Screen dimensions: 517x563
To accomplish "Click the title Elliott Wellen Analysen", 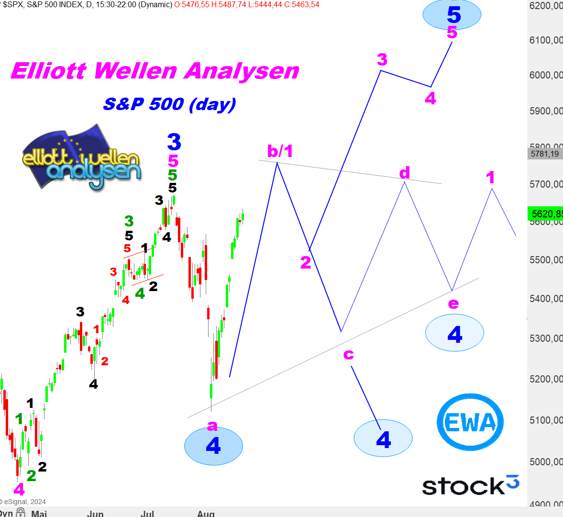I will coord(155,71).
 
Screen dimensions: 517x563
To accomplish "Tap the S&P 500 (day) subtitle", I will coord(170,104).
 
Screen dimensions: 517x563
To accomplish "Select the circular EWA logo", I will coord(470,422).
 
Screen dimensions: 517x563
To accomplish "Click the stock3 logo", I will coord(470,485).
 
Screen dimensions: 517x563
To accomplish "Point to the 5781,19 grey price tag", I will coord(545,154).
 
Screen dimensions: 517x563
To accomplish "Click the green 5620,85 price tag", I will coord(545,214).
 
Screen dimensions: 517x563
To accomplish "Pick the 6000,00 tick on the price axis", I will coord(545,75).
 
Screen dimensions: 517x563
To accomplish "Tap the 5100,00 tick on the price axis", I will coord(545,420).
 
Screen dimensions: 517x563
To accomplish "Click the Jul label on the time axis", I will coord(147,513).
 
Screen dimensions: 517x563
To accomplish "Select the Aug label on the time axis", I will coord(206,513).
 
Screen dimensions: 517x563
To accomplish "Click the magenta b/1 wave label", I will coord(280,151).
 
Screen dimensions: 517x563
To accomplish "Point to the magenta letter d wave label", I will coord(405,172).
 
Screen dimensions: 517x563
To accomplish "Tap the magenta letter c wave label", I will coord(349,354).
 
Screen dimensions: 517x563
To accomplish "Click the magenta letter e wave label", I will coord(453,303).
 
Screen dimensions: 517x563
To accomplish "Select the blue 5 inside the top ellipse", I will coord(453,14).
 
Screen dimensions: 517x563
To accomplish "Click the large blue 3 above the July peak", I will coord(174,142).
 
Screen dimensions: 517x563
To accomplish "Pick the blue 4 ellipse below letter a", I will coord(213,446).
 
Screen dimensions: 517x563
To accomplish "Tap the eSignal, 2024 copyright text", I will coord(24,502).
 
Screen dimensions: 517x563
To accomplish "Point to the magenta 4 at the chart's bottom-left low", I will coord(19,489).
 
